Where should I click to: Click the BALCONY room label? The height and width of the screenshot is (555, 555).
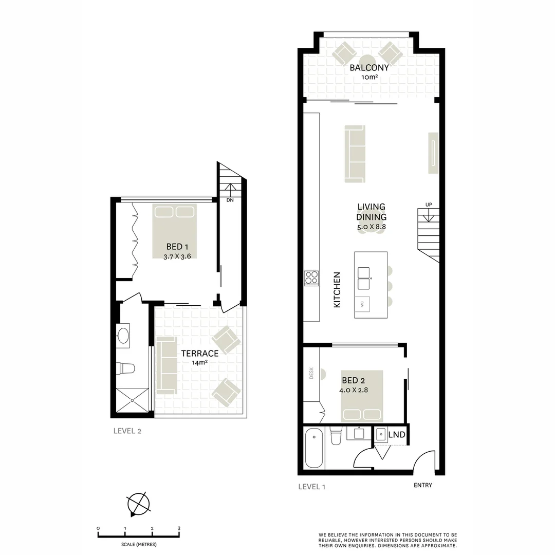click(x=369, y=67)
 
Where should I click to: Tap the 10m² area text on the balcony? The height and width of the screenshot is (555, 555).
click(x=369, y=77)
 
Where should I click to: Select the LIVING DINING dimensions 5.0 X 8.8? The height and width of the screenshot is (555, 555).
click(x=372, y=227)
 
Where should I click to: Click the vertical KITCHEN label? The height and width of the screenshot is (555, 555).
click(x=337, y=290)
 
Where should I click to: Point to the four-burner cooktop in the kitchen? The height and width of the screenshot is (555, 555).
click(x=311, y=277)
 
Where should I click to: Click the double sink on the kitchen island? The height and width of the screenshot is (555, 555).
click(x=364, y=279)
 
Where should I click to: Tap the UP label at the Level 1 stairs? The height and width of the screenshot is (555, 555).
click(x=429, y=205)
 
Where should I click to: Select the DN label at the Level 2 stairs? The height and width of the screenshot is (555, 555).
click(x=230, y=200)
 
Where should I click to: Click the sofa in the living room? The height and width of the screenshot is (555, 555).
click(x=355, y=154)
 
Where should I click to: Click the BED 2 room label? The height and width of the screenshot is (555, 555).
click(x=353, y=381)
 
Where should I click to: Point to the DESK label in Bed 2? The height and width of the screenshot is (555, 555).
click(x=311, y=373)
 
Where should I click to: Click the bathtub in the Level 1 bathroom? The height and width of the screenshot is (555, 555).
click(x=314, y=448)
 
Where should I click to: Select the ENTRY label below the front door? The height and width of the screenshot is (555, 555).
click(x=422, y=485)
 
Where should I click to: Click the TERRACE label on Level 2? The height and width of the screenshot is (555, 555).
click(x=199, y=353)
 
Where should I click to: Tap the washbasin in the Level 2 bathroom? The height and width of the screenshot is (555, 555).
click(x=123, y=336)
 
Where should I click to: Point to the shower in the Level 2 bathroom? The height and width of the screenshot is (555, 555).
click(x=133, y=400)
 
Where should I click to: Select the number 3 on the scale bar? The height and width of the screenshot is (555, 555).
click(x=179, y=528)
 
